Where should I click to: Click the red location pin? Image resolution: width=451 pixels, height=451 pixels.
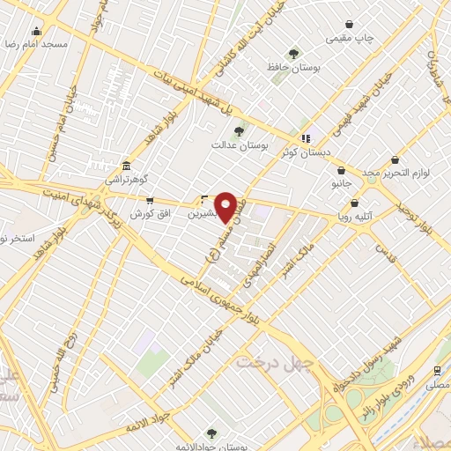tap(225, 207)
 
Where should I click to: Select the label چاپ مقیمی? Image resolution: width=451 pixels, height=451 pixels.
tap(351, 38)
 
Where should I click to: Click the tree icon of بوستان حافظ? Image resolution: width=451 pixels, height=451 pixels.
tap(294, 55)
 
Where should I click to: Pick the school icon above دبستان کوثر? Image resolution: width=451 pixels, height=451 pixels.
tap(305, 138)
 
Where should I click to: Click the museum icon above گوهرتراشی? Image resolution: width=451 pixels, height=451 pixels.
tap(127, 166)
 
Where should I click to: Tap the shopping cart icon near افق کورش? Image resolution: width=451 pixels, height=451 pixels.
tap(149, 201)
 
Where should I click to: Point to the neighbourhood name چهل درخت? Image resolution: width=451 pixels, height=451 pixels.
tap(268, 361)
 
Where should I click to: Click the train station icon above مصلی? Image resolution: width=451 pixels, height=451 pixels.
tap(438, 371)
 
